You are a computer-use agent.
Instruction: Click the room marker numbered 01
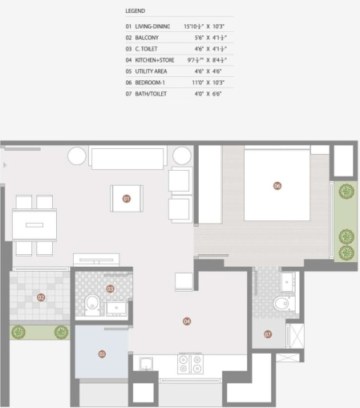(x=126, y=197)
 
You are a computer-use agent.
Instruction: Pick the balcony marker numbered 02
(x=41, y=297)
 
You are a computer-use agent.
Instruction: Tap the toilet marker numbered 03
(x=110, y=289)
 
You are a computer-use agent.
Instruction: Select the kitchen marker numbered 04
(x=187, y=321)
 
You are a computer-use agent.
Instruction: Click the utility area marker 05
(x=102, y=353)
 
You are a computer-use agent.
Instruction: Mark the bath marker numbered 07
(x=268, y=333)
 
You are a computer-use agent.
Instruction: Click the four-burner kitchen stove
(x=192, y=364)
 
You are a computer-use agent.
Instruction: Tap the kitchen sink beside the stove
(x=147, y=364)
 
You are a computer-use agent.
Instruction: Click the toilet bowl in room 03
(x=91, y=305)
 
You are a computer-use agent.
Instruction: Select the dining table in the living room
(x=34, y=225)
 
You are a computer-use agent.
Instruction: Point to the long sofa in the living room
(x=128, y=156)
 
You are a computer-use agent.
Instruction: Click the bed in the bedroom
(x=276, y=185)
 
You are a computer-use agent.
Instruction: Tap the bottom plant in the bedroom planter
(x=346, y=252)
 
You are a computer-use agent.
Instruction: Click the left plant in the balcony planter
(x=19, y=332)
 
